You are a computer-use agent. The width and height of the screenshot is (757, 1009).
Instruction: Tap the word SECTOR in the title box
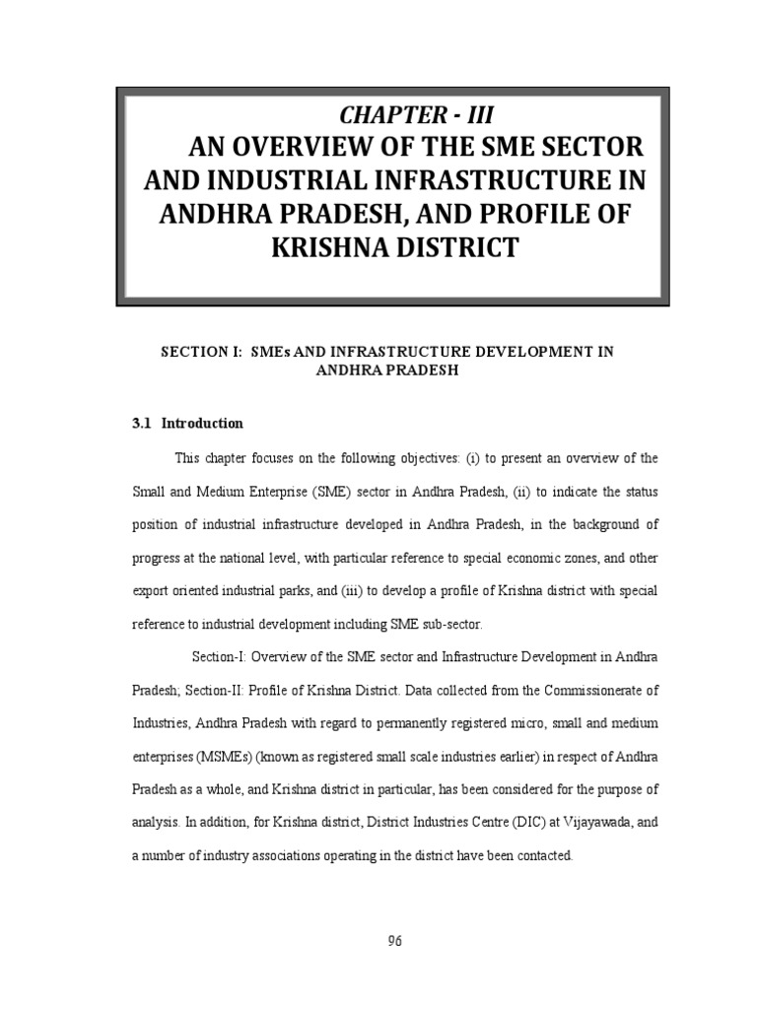592,147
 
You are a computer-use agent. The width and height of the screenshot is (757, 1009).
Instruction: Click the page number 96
394,940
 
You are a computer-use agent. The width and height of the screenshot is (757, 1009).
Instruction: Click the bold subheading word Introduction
202,423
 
